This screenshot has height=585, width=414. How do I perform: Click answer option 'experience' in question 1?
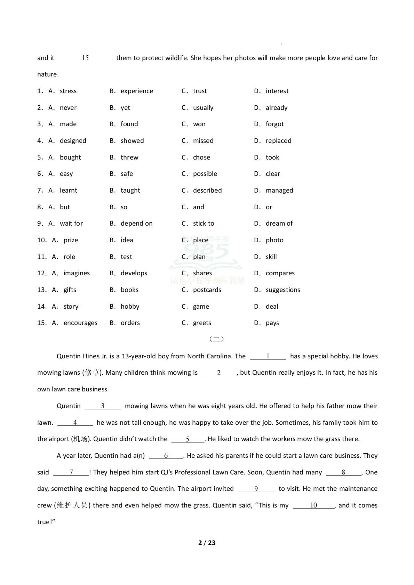(136, 91)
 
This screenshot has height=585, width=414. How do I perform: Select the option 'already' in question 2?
(276, 108)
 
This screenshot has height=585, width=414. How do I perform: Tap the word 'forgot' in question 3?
(274, 124)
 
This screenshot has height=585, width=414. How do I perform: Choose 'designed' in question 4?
(73, 141)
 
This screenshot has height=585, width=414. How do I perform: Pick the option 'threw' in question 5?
(129, 157)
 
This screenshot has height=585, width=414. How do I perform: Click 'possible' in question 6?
(205, 174)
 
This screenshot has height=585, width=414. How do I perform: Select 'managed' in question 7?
(279, 190)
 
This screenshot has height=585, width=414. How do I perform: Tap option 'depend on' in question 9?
(136, 224)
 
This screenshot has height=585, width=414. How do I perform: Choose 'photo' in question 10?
(274, 240)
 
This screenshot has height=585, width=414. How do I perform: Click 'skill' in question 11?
(271, 257)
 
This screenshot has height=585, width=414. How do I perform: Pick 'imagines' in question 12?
(77, 273)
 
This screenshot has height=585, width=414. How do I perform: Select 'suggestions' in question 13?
(282, 290)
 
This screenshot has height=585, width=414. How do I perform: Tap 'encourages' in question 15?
(80, 323)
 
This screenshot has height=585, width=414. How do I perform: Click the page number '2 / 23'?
(207, 543)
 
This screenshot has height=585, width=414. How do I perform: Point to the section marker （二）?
(216, 339)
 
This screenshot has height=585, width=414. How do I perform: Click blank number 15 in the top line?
(85, 58)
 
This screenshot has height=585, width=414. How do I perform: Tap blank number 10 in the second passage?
(313, 505)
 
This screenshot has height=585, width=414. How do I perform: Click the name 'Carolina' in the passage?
(218, 356)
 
